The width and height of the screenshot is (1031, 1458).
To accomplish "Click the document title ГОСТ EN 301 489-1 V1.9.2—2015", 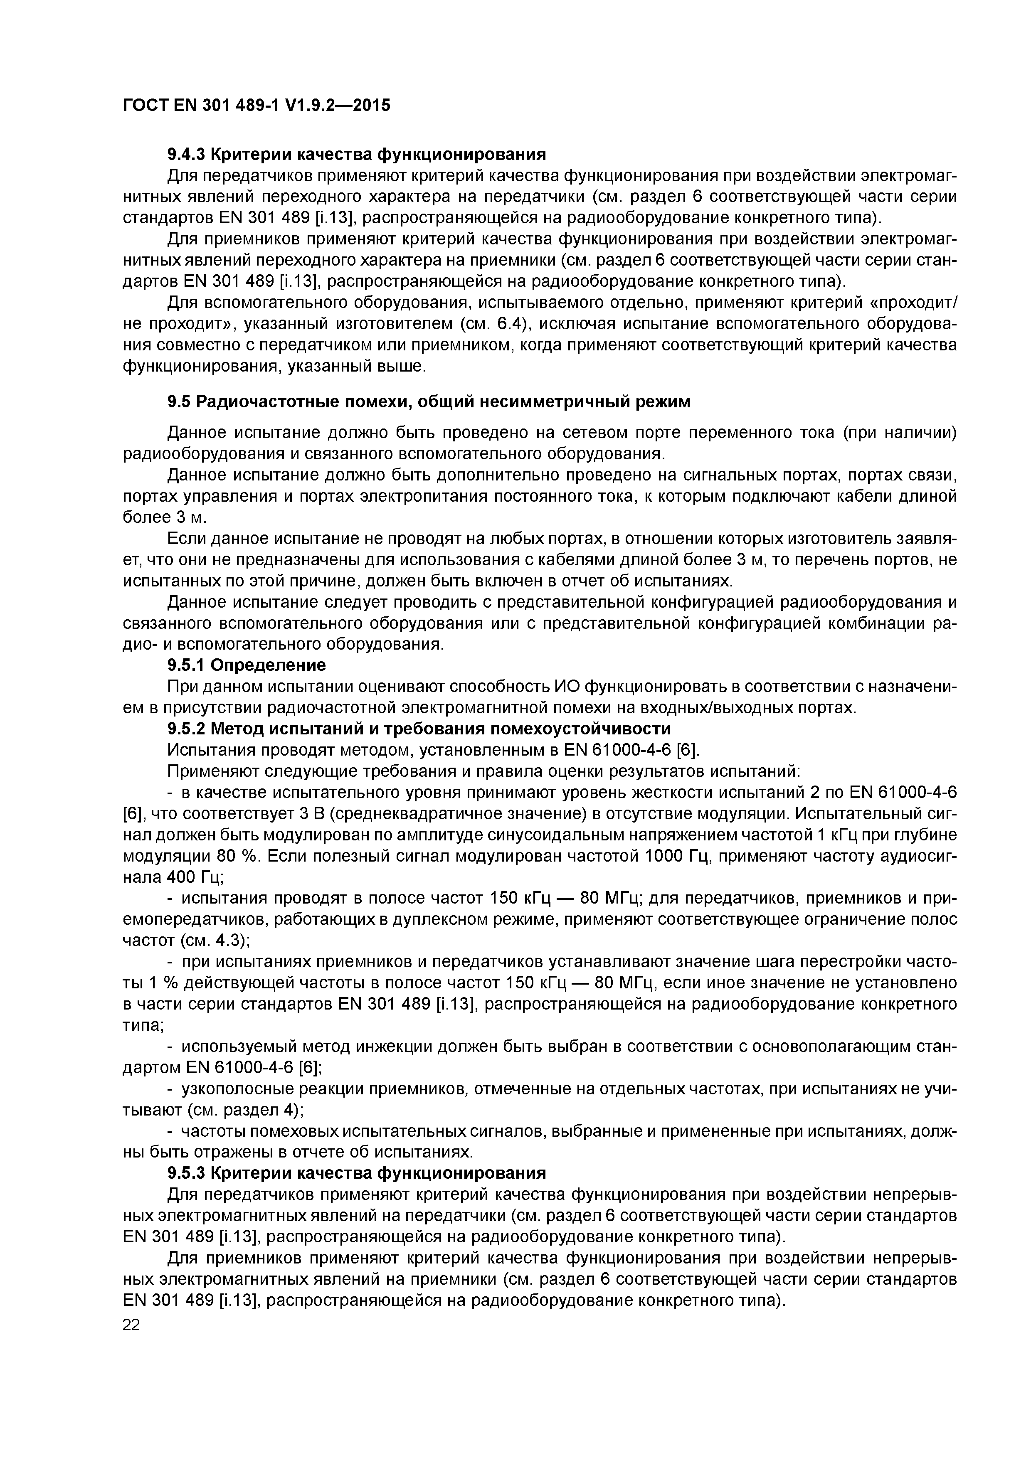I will [256, 105].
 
